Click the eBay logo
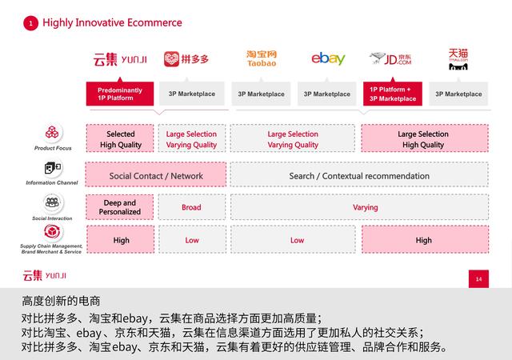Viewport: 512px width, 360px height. click(328, 58)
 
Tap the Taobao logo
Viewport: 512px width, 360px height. click(262, 58)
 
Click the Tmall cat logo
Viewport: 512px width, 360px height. click(458, 59)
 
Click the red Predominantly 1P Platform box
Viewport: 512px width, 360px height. click(120, 94)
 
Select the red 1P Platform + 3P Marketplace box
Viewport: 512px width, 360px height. click(392, 94)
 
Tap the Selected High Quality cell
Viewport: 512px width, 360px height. click(120, 139)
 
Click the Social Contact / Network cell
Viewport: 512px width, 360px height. click(156, 176)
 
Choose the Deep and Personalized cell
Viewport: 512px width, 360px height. click(120, 207)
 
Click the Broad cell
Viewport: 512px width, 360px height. click(191, 207)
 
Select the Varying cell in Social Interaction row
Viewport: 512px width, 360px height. click(365, 207)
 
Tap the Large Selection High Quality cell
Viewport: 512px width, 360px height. click(423, 139)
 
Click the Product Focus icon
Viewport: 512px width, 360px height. click(54, 134)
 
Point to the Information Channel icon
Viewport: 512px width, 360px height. click(54, 170)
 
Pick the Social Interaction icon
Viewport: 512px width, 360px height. click(54, 202)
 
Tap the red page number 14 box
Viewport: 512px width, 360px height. click(478, 279)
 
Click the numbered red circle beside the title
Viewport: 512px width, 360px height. click(30, 23)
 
